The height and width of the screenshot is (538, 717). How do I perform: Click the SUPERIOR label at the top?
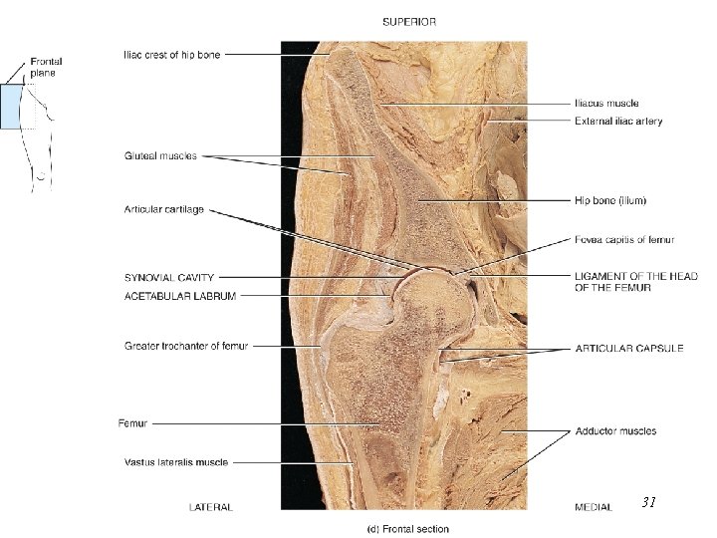[x=408, y=20]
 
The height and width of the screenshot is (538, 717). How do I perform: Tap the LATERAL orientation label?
[x=211, y=507]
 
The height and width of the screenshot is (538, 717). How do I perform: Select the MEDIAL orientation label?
[x=594, y=507]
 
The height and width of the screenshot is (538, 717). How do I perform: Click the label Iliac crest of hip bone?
[x=172, y=55]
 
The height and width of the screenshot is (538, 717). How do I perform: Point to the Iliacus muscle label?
[x=606, y=103]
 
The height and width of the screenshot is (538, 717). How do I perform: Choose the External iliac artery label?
[x=618, y=122]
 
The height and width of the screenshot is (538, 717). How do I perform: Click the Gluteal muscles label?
[x=161, y=155]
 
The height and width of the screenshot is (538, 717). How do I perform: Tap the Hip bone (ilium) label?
[x=610, y=200]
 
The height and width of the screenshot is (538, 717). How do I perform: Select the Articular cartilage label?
[x=164, y=209]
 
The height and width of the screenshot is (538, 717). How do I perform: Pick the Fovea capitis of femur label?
[x=624, y=239]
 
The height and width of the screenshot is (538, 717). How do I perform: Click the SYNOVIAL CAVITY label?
[x=169, y=277]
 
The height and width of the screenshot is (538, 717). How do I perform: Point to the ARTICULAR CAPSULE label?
[x=629, y=349]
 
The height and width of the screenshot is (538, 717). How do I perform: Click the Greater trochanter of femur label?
[x=186, y=346]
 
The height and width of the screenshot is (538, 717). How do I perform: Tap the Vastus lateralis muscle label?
[x=176, y=462]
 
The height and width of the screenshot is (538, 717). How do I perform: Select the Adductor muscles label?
[x=615, y=431]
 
